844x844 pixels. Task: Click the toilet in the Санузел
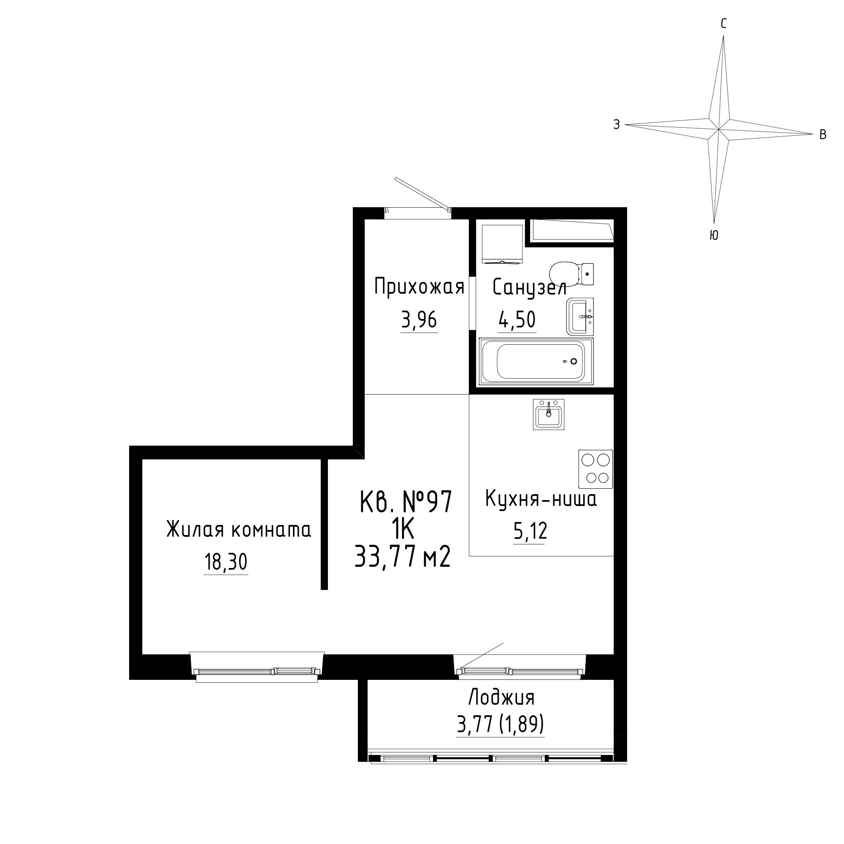(x=571, y=273)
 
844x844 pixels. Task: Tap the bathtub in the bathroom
(x=536, y=362)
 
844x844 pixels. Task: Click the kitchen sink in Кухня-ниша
(x=549, y=414)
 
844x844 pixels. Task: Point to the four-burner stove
(x=595, y=469)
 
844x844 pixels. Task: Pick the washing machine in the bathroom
(x=502, y=244)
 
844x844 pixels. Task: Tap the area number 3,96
(x=419, y=320)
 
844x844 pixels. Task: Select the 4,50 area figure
(x=517, y=320)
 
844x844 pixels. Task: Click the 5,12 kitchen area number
(x=530, y=532)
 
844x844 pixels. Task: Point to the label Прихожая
(x=419, y=287)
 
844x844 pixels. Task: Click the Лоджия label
(x=501, y=698)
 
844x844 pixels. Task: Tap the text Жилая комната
(x=239, y=530)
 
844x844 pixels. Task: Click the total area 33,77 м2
(x=402, y=557)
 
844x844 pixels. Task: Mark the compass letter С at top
(x=723, y=24)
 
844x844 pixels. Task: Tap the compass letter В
(x=822, y=135)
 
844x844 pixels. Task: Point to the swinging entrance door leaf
(x=422, y=194)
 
